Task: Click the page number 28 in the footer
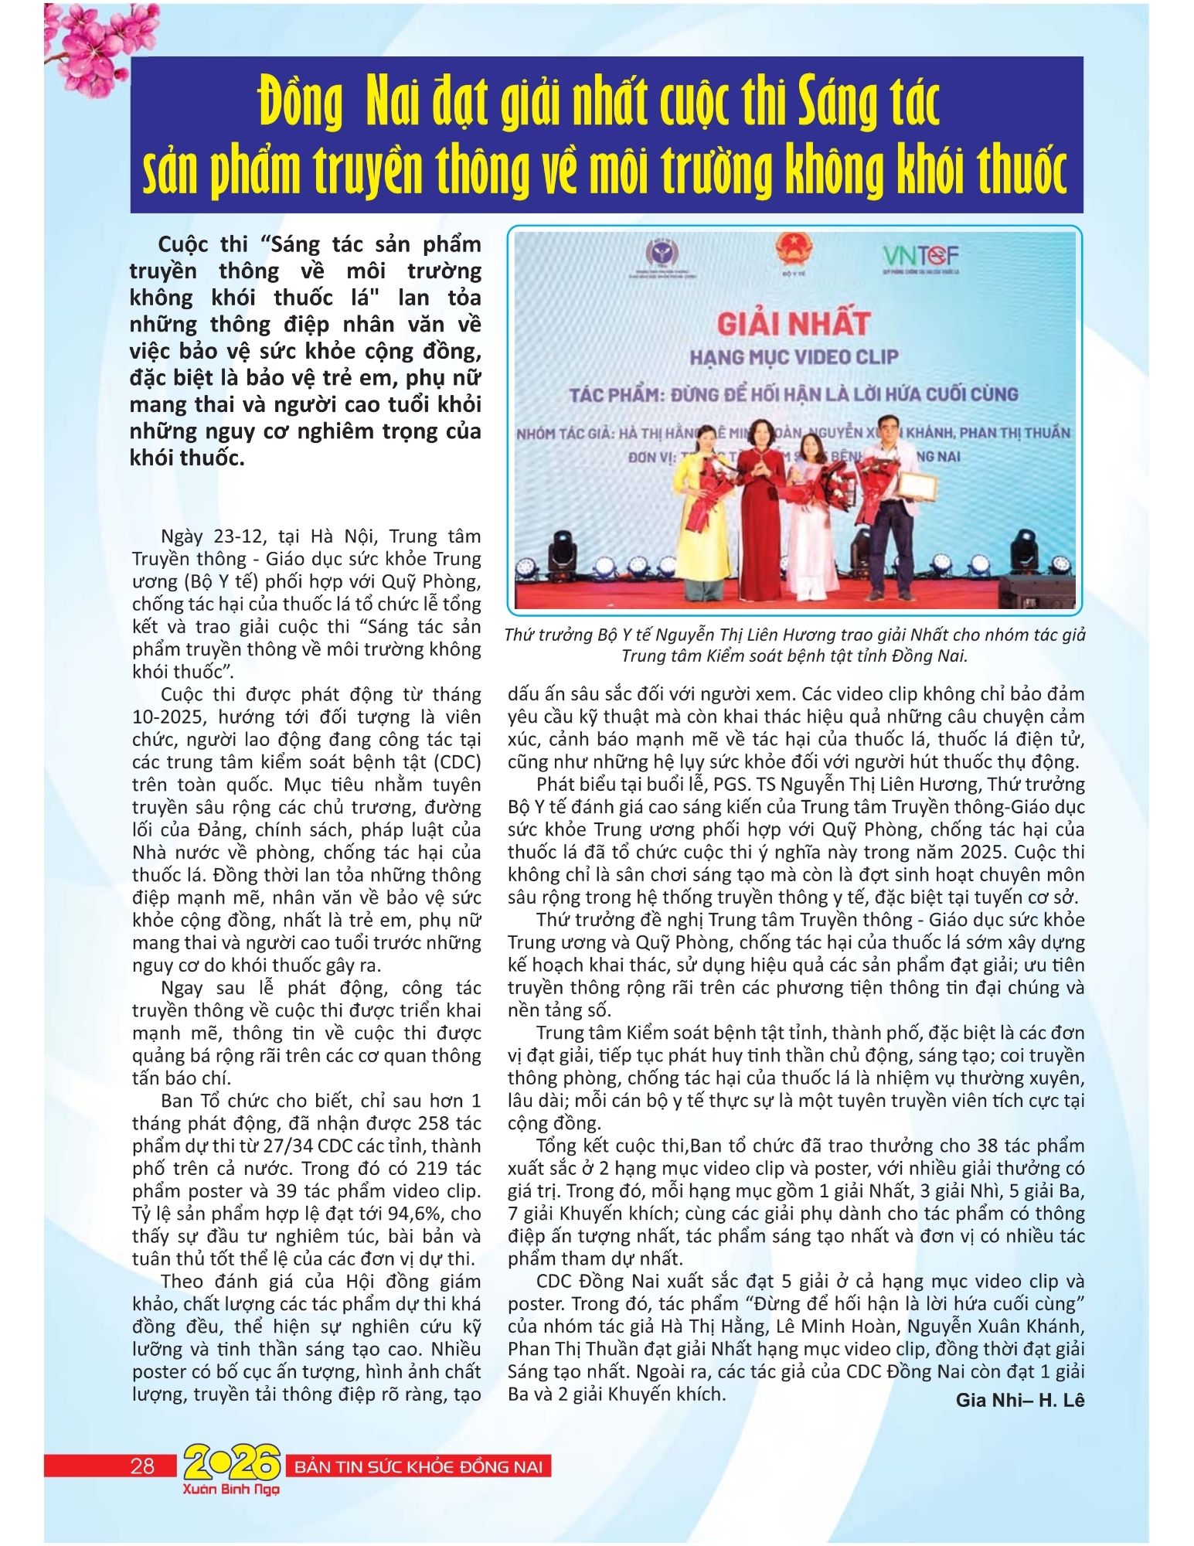pyautogui.click(x=143, y=1466)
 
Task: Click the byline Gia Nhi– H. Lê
pyautogui.click(x=1020, y=1400)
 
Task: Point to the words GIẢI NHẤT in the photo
pyautogui.click(x=794, y=322)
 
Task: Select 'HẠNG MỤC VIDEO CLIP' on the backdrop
pyautogui.click(x=794, y=356)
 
